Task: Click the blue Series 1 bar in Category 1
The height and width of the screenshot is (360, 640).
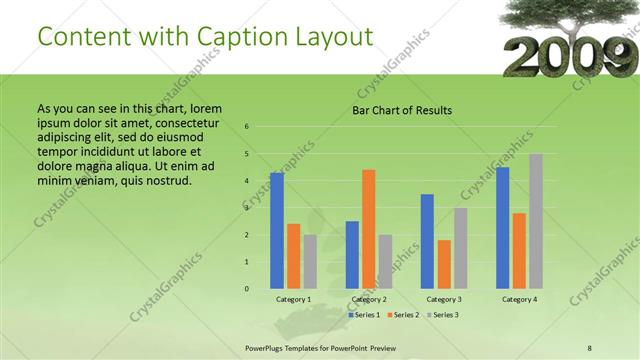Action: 277,231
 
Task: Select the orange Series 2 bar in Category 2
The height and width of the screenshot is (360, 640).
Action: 369,229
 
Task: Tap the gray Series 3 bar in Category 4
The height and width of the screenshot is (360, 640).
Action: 536,221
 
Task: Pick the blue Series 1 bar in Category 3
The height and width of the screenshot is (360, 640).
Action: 427,241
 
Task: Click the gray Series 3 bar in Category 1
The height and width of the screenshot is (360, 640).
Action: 310,262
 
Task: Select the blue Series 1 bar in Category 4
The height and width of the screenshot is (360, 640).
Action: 502,228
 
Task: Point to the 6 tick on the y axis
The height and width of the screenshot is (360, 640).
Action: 247,127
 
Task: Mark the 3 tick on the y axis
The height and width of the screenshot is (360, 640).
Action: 247,208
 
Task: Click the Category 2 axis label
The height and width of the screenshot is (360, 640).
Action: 369,299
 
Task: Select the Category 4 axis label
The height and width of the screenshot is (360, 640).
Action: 519,299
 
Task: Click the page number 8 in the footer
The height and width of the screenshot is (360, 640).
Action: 590,348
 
